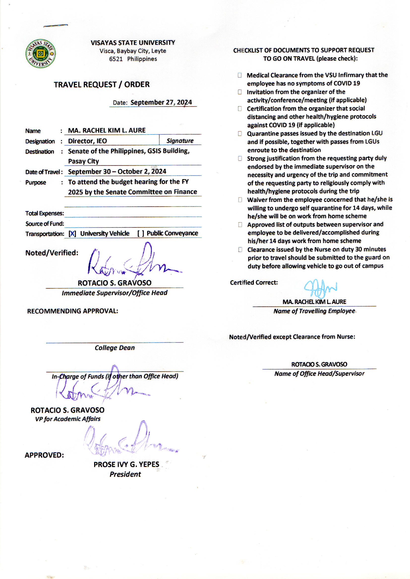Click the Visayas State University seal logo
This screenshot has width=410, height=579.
pos(40,54)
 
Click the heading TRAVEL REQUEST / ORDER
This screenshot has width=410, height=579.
pos(101,84)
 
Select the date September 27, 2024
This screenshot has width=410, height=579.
pos(161,102)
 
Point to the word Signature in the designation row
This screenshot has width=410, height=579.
pos(180,141)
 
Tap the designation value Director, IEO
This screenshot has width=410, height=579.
pos(87,141)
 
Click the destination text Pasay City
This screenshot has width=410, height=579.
pos(83,161)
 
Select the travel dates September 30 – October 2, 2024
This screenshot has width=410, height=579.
pos(117,171)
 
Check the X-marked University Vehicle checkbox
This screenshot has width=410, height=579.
pos(72,234)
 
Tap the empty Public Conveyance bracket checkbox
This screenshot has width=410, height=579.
pos(141,234)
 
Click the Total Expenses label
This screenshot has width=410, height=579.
pos(44,213)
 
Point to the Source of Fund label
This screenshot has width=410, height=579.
pos(44,224)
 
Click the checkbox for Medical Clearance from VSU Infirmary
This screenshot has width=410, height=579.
pos(240,75)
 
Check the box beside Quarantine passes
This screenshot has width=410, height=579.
pos(240,134)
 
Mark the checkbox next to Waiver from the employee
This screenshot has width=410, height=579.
pos(240,200)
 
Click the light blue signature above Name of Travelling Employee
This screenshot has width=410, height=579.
pos(320,289)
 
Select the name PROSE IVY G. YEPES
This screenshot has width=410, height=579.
pos(126,465)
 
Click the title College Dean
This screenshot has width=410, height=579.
pos(115,348)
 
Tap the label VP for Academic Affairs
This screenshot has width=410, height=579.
pos(68,419)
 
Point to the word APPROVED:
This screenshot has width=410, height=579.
pos(44,455)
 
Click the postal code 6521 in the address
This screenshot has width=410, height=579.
pos(116,59)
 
